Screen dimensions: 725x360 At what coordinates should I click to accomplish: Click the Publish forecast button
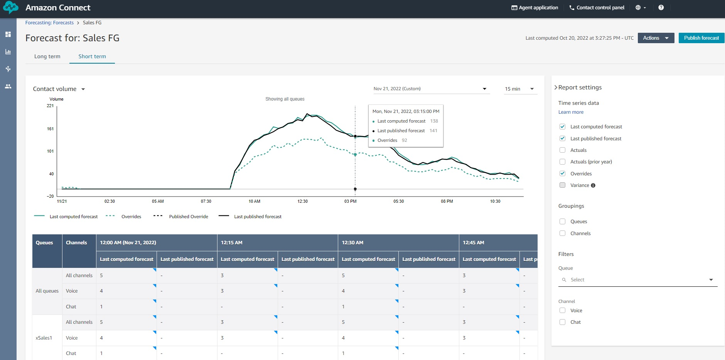701,38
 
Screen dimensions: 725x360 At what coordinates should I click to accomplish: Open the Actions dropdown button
656,38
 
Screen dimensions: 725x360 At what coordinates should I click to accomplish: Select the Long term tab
47,56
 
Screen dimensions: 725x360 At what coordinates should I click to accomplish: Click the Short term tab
92,56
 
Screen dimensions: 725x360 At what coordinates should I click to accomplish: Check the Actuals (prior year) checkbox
562,162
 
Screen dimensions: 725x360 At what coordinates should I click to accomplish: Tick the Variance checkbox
562,185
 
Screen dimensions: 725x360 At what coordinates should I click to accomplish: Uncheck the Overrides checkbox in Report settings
562,173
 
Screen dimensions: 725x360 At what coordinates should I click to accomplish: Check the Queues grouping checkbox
562,221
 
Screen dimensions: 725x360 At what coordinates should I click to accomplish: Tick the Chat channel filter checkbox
562,322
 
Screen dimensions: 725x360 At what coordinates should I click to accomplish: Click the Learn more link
571,112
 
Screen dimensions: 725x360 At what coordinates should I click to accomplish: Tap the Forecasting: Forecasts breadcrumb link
49,23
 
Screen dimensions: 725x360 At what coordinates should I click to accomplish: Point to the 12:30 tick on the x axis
303,201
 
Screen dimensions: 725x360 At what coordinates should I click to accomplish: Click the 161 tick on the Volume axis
51,129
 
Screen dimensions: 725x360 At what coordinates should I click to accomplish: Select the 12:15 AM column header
232,243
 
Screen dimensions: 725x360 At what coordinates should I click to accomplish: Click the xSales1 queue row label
44,338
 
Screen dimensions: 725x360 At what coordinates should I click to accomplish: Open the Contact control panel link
597,8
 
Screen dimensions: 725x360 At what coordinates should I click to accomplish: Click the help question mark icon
661,8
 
